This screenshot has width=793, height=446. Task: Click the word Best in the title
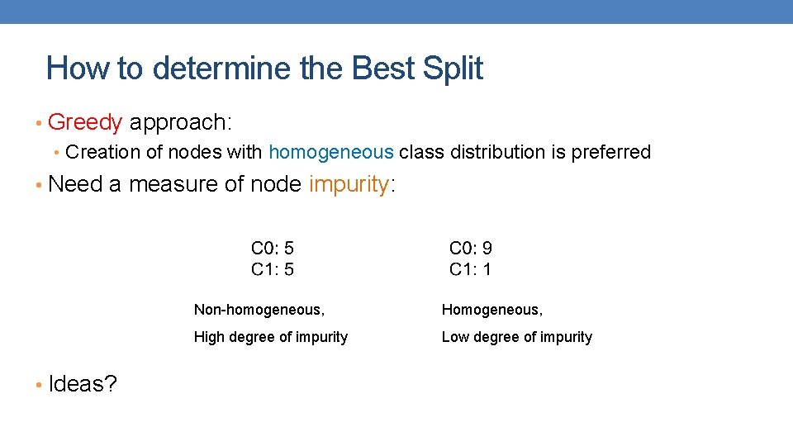click(383, 68)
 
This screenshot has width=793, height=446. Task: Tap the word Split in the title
click(452, 68)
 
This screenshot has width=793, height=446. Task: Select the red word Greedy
click(85, 123)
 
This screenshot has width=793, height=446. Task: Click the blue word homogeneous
click(331, 152)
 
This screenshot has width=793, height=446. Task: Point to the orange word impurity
click(348, 184)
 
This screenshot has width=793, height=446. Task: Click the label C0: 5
click(273, 248)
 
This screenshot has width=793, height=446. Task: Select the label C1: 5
click(273, 268)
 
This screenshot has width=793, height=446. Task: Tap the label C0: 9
click(471, 248)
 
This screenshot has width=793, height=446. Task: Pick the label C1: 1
click(471, 268)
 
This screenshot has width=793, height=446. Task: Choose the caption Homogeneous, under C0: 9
click(492, 310)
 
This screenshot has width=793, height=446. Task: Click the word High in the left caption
click(209, 337)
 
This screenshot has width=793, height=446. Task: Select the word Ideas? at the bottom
click(83, 384)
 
